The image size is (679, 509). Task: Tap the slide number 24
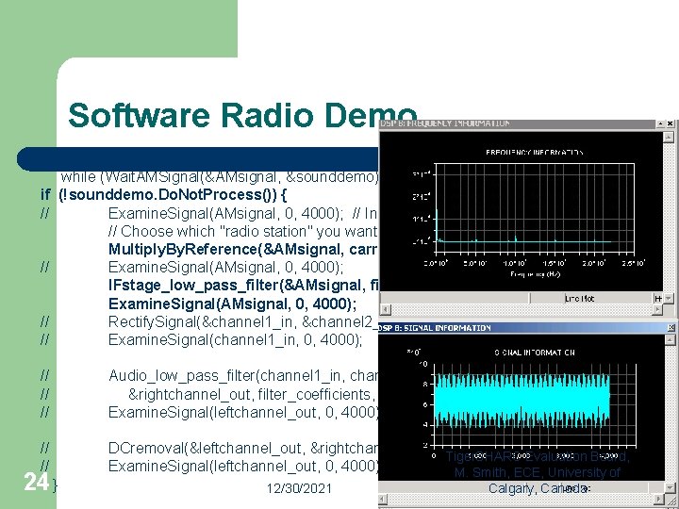(x=36, y=482)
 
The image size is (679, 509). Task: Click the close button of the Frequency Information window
(x=671, y=123)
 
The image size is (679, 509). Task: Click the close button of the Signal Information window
(x=671, y=328)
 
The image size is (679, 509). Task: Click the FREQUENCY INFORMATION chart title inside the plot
(x=534, y=151)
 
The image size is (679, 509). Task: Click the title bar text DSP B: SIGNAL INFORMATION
(x=440, y=328)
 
